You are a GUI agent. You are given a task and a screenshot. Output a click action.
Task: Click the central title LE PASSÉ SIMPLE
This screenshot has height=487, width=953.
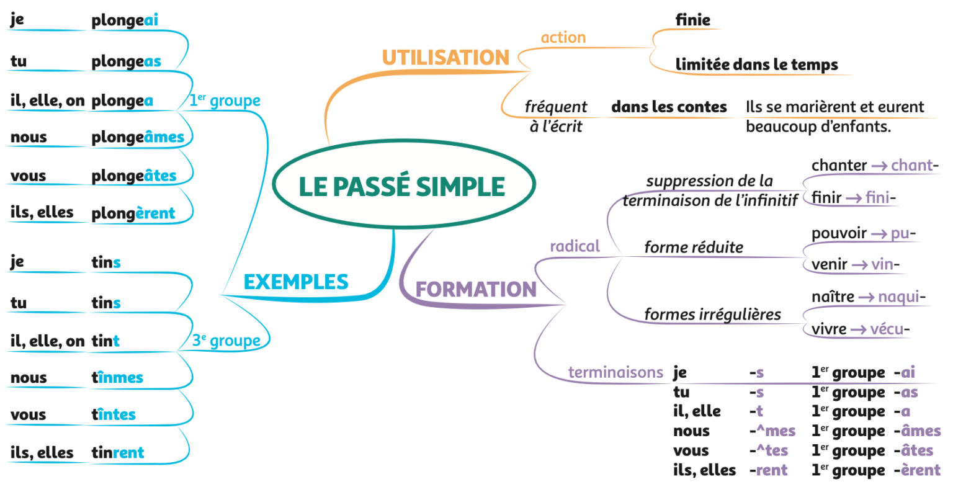point(402,187)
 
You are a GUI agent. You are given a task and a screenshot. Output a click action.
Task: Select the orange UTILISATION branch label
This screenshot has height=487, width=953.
point(445,58)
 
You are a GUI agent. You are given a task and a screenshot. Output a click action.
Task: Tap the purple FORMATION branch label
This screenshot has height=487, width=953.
point(475,289)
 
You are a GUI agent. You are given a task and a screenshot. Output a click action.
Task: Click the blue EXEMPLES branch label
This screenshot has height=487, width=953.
point(295,282)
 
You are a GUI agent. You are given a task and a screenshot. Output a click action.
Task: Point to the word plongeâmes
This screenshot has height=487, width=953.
point(138,138)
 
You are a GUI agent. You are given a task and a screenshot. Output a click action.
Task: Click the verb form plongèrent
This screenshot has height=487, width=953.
point(133,213)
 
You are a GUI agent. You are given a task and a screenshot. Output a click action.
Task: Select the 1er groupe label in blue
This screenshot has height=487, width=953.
point(225,101)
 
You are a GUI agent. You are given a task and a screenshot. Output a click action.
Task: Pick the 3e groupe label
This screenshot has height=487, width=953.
point(226,341)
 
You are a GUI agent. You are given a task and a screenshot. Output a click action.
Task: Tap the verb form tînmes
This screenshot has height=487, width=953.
point(117,377)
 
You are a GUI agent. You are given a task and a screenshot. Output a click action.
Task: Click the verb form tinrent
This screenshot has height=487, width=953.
point(118,453)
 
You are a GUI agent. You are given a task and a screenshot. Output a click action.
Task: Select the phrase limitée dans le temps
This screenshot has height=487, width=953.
point(756,65)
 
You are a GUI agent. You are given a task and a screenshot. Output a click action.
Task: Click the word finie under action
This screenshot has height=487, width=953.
point(693,20)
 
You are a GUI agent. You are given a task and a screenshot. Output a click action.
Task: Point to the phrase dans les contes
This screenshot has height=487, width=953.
point(669,107)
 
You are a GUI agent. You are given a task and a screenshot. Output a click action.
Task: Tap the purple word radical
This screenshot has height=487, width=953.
point(575,246)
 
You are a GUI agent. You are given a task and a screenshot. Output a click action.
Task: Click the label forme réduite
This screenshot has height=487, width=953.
point(694,248)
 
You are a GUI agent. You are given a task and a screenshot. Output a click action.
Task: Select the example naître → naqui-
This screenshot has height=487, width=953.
point(868,297)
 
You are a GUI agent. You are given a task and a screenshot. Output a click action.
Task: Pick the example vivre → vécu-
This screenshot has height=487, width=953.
point(860,329)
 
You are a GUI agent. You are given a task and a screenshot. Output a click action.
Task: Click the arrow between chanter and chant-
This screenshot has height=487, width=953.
point(879,166)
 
